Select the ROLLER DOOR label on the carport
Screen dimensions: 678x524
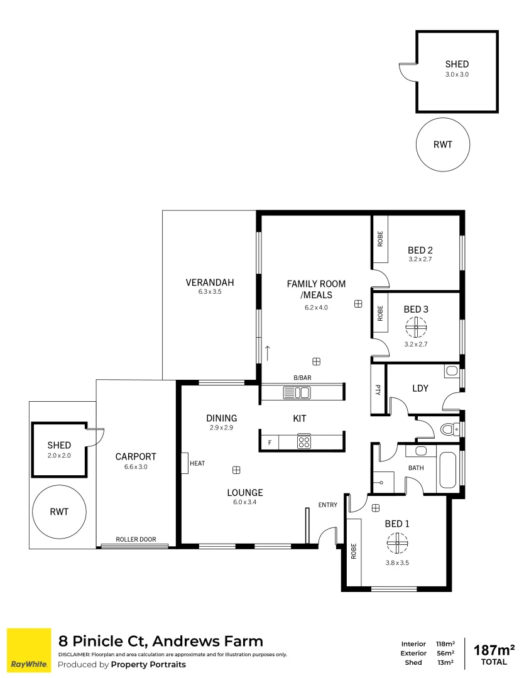(136, 539)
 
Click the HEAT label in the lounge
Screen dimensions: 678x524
(197, 463)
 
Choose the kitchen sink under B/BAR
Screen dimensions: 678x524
(297, 393)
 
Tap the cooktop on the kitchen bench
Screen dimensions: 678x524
(304, 441)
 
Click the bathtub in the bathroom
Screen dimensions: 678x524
(447, 471)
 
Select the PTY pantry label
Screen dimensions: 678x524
(378, 390)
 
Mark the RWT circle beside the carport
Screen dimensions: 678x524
(59, 512)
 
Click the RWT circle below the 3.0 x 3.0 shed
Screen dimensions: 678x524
(442, 144)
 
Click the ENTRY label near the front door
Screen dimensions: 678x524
(328, 505)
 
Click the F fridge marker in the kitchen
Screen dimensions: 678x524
(270, 442)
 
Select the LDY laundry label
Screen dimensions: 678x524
(420, 389)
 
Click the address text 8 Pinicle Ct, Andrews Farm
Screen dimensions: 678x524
(161, 641)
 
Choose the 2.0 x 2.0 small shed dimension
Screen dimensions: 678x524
(59, 455)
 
